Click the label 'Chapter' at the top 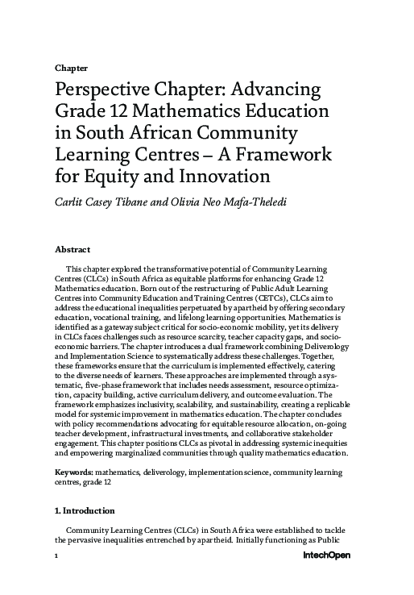(x=70, y=68)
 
